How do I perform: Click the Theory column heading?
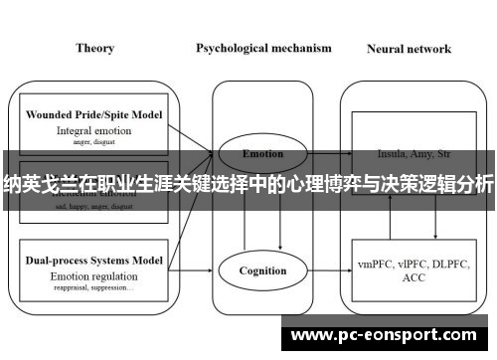coord(93,47)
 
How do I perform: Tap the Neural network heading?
coord(409,48)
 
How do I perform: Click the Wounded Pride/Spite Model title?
coord(94,114)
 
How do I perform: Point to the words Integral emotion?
coord(94,129)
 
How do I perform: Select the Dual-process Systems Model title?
coord(94,259)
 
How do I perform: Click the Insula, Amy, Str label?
coord(409,154)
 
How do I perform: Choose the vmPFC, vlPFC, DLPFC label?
coord(409,265)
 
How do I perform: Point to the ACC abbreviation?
coord(409,279)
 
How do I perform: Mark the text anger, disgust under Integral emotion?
coord(94,141)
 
